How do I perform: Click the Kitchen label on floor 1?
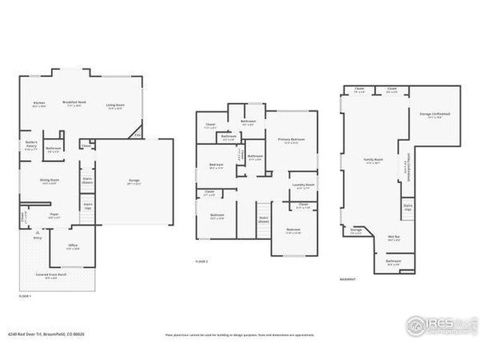tap(39, 103)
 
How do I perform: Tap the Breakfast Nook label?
tap(73, 103)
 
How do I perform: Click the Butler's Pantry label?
tap(31, 148)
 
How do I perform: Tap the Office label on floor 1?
tap(73, 247)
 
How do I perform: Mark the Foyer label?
tap(54, 215)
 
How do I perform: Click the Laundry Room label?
tap(304, 185)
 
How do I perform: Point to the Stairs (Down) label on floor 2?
tap(264, 219)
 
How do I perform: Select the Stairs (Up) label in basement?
tap(408, 206)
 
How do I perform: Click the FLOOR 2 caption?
tap(201, 261)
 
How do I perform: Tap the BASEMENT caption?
tap(346, 280)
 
